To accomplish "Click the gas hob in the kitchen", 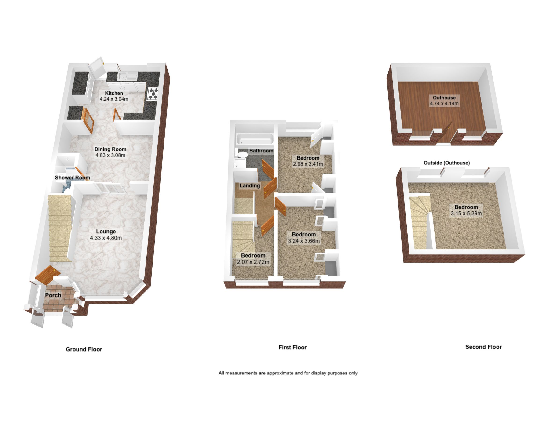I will coord(153,94).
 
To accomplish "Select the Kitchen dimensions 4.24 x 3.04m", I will coord(114,99).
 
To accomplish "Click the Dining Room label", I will coord(110,149).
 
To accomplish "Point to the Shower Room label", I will coord(72,178).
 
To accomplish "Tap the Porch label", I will coord(53,295).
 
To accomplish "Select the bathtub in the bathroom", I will coord(255,139).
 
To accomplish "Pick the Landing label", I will coord(250,186).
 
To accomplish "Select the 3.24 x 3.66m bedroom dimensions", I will coord(304,241).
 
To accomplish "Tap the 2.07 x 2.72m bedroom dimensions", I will coord(253,262).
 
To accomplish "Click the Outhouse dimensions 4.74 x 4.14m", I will coord(444,104).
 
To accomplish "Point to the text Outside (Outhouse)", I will coord(446,163).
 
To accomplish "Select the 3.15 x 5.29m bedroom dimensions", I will coord(466,213).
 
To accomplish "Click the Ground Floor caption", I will coord(84,349).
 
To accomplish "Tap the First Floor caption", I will coord(292,347).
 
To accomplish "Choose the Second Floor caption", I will coord(483,347).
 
